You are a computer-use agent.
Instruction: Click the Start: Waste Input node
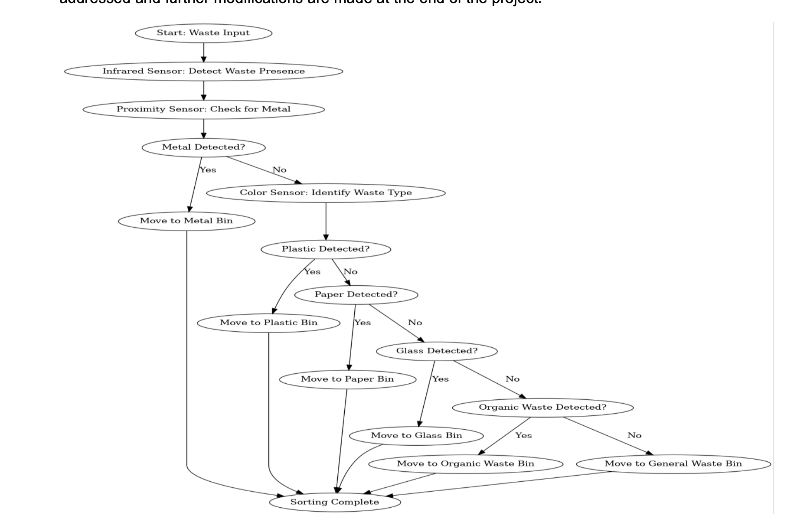coord(203,33)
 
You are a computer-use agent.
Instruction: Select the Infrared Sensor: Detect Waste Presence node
coord(203,71)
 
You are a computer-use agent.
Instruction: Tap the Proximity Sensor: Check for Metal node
coord(203,109)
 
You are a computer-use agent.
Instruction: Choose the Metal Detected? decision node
coord(203,147)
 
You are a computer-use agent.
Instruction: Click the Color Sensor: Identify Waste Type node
coord(326,192)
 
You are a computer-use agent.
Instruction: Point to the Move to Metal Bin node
coord(186,221)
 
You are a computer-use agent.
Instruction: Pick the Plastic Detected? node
coord(326,249)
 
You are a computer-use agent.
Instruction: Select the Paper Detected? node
coord(356,294)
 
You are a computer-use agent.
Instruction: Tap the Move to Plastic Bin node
coord(268,323)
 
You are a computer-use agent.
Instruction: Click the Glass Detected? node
coord(437,351)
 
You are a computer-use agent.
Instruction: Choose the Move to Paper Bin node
coord(347,379)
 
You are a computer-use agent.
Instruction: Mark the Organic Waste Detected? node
coord(542,407)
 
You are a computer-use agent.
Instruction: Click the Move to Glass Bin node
coord(416,435)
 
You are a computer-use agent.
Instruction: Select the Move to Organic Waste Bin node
coord(465,463)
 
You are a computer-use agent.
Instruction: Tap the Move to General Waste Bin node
coord(673,463)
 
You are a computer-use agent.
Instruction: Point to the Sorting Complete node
coord(334,502)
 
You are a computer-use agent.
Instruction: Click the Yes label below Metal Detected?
coord(208,170)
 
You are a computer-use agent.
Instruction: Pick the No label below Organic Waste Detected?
coord(634,435)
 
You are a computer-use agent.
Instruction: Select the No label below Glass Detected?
coord(512,379)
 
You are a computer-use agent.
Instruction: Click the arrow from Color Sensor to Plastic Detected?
coord(326,221)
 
